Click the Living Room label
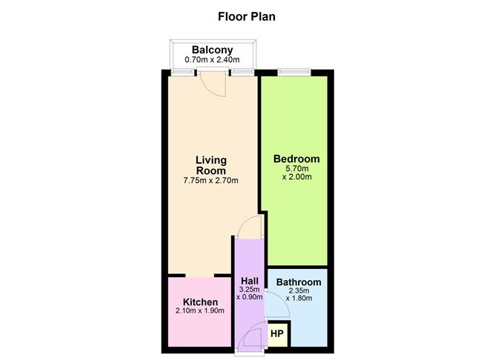click(210, 164)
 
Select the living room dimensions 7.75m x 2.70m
click(210, 180)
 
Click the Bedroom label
click(296, 159)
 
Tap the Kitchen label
click(200, 302)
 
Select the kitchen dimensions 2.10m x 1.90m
click(200, 311)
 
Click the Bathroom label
click(298, 282)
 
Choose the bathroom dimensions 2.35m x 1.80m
click(298, 295)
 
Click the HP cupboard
click(276, 334)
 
